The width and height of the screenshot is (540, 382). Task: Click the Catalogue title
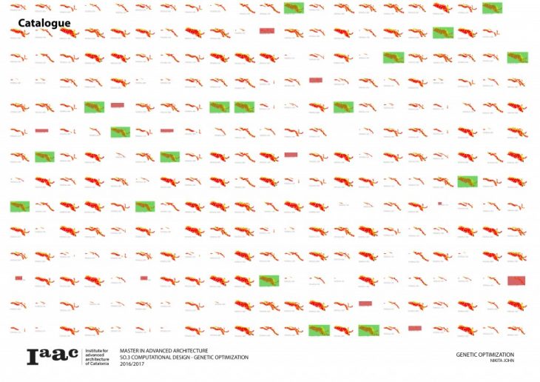click(44, 23)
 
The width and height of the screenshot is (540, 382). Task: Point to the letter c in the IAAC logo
click(72, 357)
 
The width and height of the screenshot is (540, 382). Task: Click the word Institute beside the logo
click(95, 350)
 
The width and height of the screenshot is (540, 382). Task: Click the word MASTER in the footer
click(130, 351)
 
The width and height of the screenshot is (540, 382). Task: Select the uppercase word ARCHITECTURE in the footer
click(189, 351)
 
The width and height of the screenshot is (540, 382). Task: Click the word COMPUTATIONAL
click(152, 358)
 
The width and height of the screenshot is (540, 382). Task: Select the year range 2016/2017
click(132, 364)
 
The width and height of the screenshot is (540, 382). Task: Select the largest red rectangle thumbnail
click(516, 281)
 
